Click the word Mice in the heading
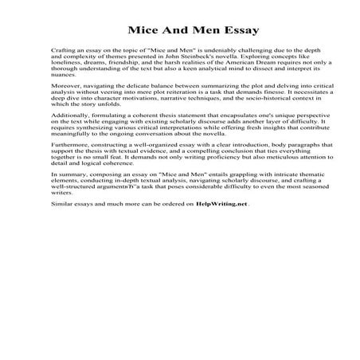coord(143,33)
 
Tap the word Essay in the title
coord(215,33)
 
